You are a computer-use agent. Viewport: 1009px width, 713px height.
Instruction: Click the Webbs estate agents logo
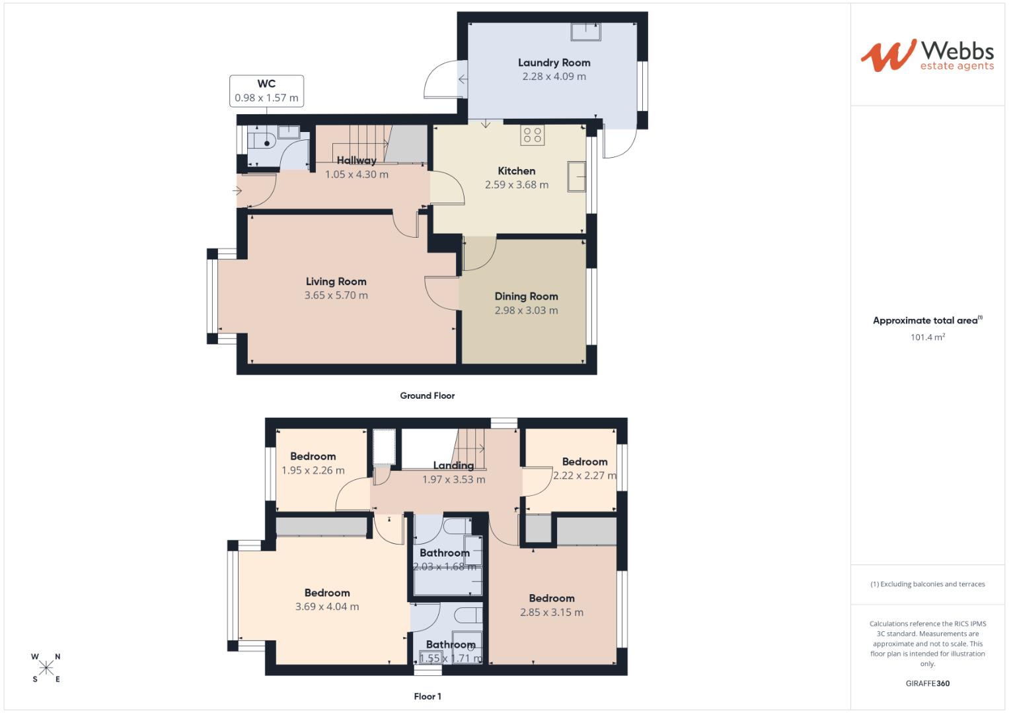926,55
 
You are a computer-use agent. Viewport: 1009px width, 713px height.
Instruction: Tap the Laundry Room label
554,63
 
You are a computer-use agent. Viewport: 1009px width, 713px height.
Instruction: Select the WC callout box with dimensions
266,90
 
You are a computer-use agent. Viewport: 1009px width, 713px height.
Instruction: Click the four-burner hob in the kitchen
533,135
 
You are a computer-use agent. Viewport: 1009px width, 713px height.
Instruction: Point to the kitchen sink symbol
576,177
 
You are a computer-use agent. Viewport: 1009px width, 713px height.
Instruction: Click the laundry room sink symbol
586,31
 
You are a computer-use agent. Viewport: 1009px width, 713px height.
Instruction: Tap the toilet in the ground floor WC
262,141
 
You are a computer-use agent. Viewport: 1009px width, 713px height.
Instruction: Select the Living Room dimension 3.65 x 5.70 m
336,295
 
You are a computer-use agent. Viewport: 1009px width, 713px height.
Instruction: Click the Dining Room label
526,296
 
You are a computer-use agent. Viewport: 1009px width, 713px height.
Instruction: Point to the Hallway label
356,160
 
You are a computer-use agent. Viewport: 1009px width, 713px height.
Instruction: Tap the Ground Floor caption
427,395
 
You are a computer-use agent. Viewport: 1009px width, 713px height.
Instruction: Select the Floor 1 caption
427,696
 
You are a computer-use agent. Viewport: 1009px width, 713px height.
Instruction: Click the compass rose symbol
46,667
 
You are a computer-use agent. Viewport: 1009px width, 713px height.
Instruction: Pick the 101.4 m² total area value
927,337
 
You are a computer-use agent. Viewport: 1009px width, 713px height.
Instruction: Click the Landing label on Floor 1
453,465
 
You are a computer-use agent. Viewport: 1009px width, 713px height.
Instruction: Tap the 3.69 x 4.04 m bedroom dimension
327,607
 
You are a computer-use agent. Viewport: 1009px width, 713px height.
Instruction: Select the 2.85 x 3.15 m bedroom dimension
551,612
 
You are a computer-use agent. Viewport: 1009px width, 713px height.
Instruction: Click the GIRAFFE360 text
927,683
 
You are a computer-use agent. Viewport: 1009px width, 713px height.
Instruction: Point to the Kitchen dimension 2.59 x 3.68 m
516,185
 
